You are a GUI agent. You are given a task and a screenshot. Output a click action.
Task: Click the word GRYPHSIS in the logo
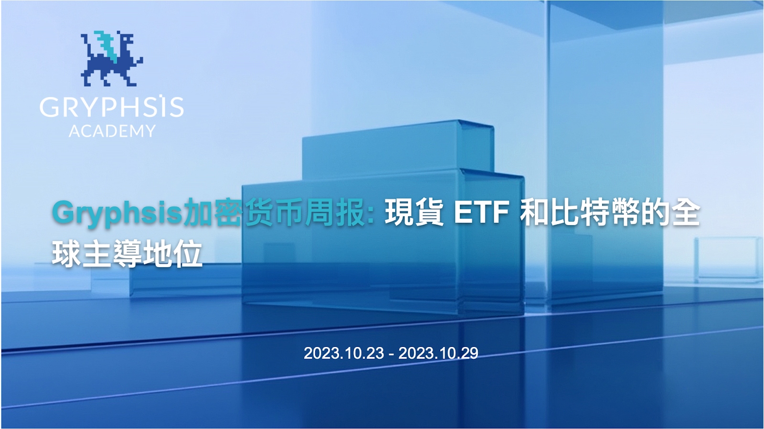pos(111,107)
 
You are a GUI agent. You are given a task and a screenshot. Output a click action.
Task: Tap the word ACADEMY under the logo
pos(112,131)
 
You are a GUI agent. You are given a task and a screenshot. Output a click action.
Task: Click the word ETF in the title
pos(481,213)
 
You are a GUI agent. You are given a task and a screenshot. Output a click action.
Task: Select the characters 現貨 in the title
pos(414,213)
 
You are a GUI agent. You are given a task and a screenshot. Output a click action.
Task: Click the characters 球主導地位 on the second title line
pos(127,254)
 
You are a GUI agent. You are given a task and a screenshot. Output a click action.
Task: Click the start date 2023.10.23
pos(344,353)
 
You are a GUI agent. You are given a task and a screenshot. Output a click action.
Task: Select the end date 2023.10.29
pos(438,353)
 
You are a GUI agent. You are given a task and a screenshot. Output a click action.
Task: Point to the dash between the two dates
pos(392,354)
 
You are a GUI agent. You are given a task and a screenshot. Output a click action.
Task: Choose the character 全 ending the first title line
pos(686,213)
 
